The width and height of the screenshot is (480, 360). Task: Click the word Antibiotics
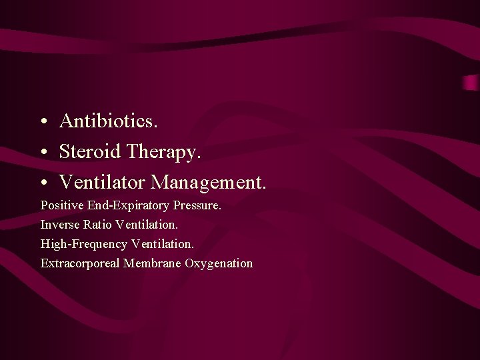click(x=109, y=121)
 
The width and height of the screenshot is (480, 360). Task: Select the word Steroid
click(x=90, y=151)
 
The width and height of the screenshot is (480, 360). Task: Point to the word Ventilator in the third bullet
click(x=102, y=181)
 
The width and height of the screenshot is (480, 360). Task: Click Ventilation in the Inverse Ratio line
click(x=147, y=225)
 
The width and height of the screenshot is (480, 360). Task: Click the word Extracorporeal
click(x=80, y=263)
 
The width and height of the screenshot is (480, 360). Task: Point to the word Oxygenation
click(x=219, y=264)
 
